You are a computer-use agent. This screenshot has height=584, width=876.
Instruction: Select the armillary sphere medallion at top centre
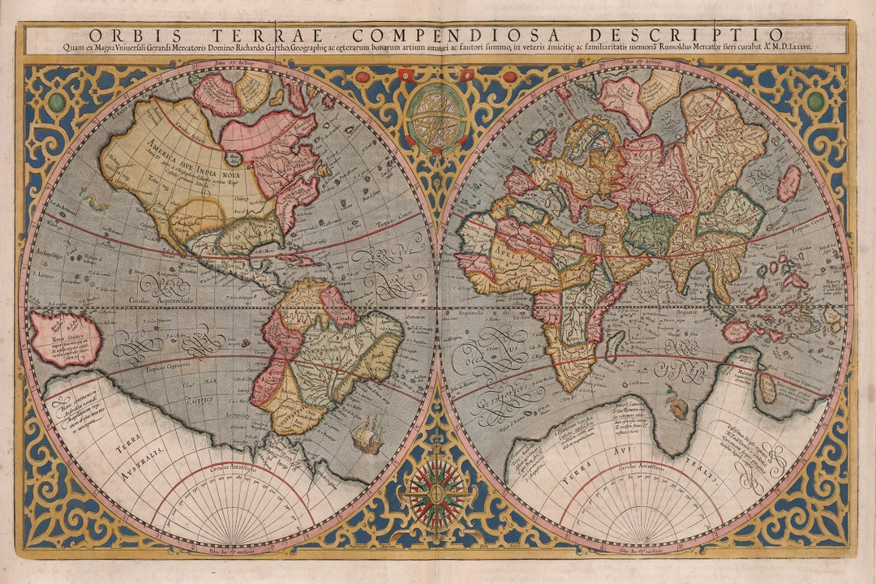tap(437, 118)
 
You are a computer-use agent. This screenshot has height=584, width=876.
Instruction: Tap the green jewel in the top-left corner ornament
tap(57, 102)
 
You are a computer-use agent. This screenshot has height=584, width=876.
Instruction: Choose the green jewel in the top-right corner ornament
tap(815, 101)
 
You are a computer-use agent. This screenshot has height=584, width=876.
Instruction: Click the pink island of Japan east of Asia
tap(788, 182)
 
